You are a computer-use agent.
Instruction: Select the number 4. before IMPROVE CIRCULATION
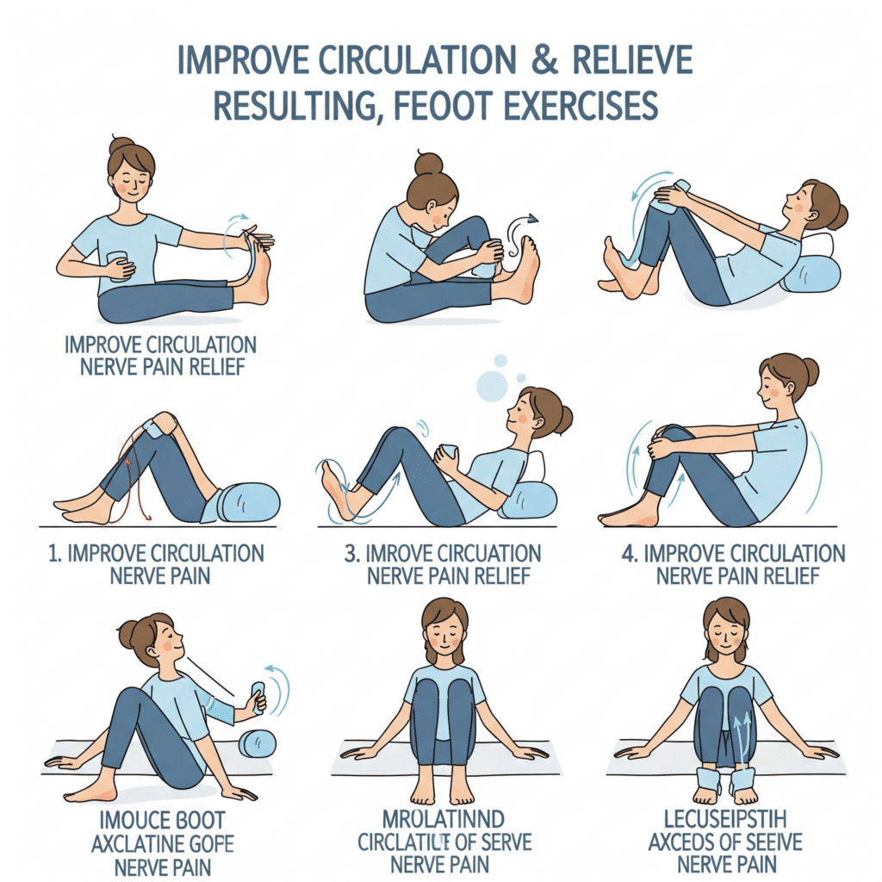[630, 553]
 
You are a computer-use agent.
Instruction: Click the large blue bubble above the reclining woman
[493, 386]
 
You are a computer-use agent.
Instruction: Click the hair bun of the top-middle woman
[428, 164]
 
